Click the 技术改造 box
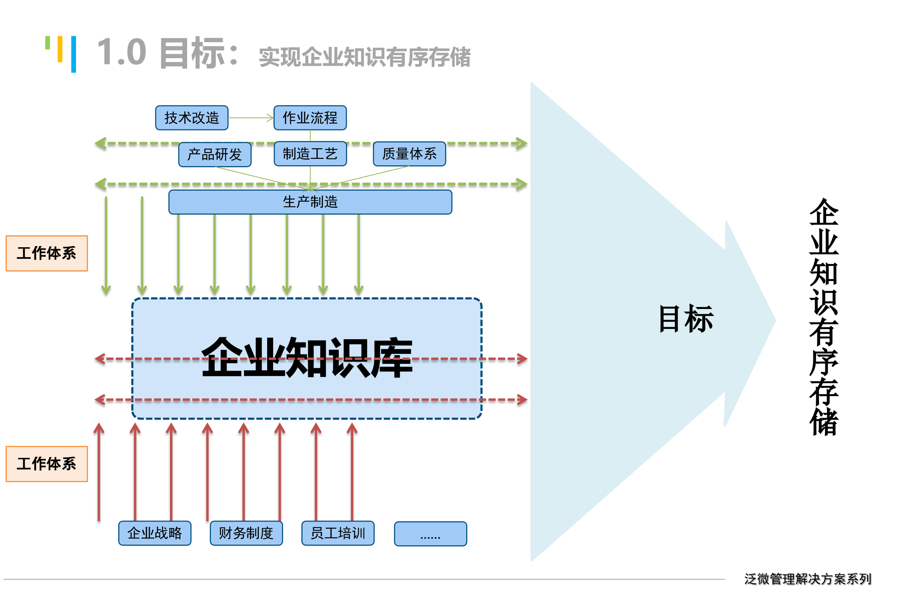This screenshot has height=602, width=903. pyautogui.click(x=192, y=118)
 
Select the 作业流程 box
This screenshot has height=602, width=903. pyautogui.click(x=310, y=118)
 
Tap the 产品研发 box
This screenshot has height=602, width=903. pyautogui.click(x=215, y=154)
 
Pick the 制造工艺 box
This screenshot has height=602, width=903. pyautogui.click(x=310, y=154)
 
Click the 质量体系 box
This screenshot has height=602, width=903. pyautogui.click(x=409, y=154)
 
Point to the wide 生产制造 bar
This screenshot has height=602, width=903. pyautogui.click(x=310, y=202)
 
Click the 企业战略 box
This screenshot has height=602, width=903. pyautogui.click(x=154, y=533)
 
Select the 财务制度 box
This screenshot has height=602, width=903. pyautogui.click(x=246, y=533)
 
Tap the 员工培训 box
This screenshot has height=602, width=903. pyautogui.click(x=338, y=533)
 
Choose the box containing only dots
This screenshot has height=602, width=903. pyautogui.click(x=430, y=534)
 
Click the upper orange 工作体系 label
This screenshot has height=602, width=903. pyautogui.click(x=47, y=253)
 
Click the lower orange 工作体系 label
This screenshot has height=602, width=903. pyautogui.click(x=47, y=464)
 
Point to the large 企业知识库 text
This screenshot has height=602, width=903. pyautogui.click(x=307, y=358)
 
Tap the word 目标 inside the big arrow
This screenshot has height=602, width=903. pyautogui.click(x=686, y=319)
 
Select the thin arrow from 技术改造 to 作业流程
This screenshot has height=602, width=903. pyautogui.click(x=251, y=118)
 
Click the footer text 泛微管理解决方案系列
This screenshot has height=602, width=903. pyautogui.click(x=807, y=579)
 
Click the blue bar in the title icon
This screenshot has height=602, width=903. pyautogui.click(x=74, y=54)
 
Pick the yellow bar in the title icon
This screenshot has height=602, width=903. pyautogui.click(x=60, y=49)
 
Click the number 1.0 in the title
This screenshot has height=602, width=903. pyautogui.click(x=122, y=53)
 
